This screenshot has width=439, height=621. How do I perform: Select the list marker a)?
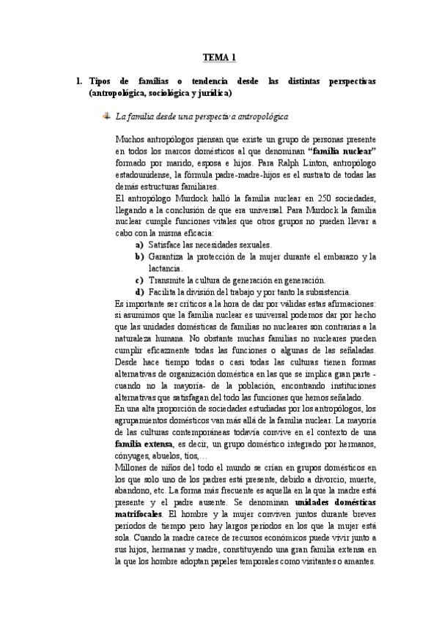coord(139,244)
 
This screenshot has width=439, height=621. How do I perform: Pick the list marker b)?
coord(139,256)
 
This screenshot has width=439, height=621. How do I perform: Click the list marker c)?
coord(139,280)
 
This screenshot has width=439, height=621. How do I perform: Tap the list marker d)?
coord(139,291)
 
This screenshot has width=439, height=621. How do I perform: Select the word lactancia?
coord(164,268)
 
